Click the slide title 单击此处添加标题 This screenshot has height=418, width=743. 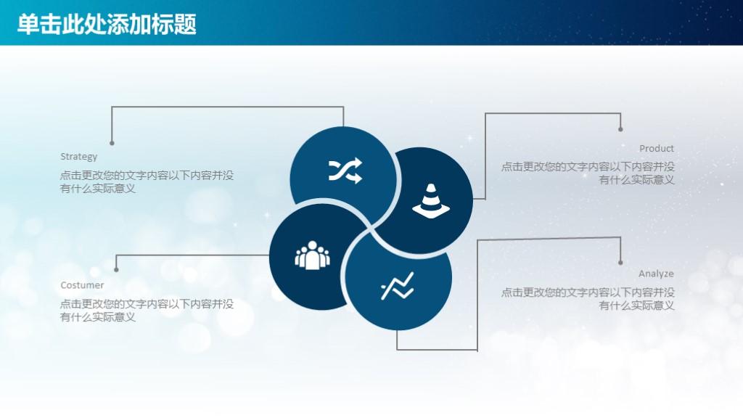click(x=107, y=24)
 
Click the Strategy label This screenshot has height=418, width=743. click(x=78, y=156)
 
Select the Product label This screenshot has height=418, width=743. click(x=656, y=148)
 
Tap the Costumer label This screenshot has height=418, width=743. click(x=82, y=285)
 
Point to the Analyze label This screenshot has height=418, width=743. click(x=656, y=274)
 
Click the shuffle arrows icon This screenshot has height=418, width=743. click(x=345, y=171)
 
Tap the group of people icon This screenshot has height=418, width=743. click(x=312, y=255)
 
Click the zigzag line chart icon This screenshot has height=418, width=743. click(x=397, y=286)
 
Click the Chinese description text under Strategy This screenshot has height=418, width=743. click(x=147, y=181)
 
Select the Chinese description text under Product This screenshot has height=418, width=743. click(x=588, y=173)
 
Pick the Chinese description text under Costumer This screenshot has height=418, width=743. click(x=147, y=311)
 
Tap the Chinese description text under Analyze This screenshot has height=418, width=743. click(x=588, y=299)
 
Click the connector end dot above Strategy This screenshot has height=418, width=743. click(x=112, y=143)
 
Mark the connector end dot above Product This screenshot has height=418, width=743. click(x=620, y=129)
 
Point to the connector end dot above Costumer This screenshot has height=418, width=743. click(x=116, y=269)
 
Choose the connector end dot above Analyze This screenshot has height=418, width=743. click(x=620, y=262)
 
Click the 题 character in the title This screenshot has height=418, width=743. click(x=186, y=24)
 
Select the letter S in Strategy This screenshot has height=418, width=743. click(x=63, y=156)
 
